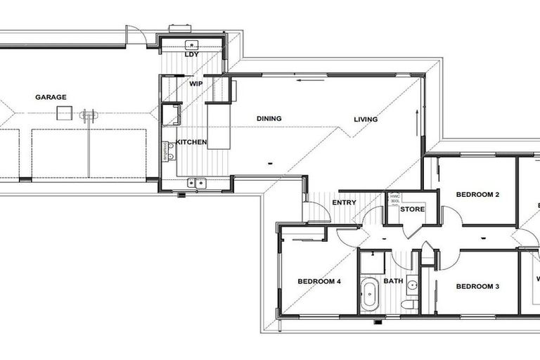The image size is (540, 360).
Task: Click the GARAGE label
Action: pyautogui.click(x=51, y=97)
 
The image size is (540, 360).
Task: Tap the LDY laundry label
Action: pyautogui.click(x=190, y=54)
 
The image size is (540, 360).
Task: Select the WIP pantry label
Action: pyautogui.click(x=195, y=83)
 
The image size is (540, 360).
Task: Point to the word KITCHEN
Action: pyautogui.click(x=191, y=142)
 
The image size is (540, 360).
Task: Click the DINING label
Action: pyautogui.click(x=269, y=119)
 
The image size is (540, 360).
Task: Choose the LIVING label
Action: pyautogui.click(x=366, y=120)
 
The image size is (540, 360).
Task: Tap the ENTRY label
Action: pyautogui.click(x=345, y=203)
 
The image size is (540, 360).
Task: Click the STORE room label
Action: pyautogui.click(x=412, y=210)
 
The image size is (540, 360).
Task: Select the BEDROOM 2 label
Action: pyautogui.click(x=477, y=194)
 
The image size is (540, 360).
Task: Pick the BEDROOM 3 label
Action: pyautogui.click(x=477, y=286)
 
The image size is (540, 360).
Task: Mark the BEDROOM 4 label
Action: pyautogui.click(x=319, y=281)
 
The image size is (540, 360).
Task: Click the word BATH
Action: pyautogui.click(x=393, y=282)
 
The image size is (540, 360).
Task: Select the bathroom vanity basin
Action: pyautogui.click(x=413, y=285)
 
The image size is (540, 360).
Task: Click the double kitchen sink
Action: pyautogui.click(x=195, y=184)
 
